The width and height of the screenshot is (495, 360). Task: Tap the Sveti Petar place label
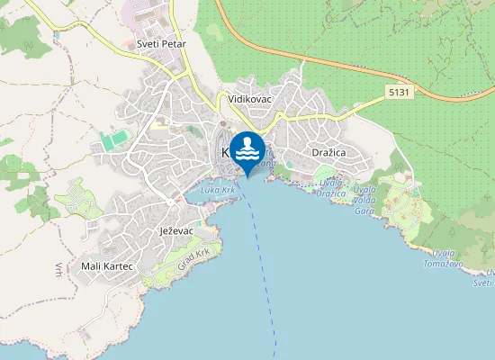click(160, 43)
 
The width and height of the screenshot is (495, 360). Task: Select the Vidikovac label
click(250, 98)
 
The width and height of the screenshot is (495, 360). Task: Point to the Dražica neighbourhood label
click(328, 153)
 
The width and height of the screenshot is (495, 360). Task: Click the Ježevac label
click(177, 231)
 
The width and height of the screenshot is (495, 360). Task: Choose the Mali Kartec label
click(107, 266)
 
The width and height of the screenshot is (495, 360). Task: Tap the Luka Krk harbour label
click(217, 191)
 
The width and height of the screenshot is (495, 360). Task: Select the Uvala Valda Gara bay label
click(364, 193)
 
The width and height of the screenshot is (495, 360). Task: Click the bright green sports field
click(114, 141)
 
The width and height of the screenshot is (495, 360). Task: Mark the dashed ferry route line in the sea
click(264, 261)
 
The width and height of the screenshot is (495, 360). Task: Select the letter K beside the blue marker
click(225, 153)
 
